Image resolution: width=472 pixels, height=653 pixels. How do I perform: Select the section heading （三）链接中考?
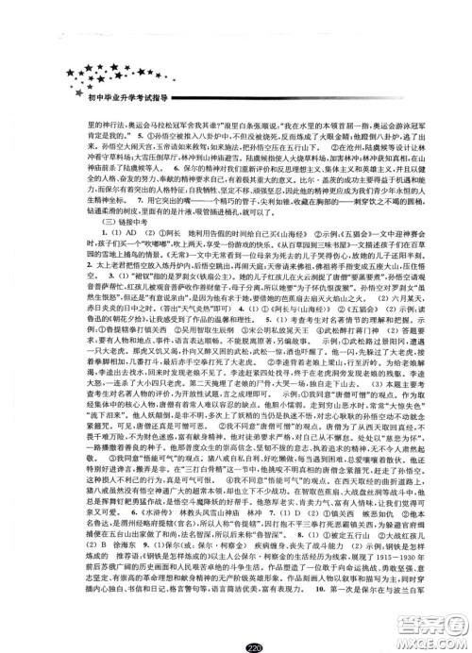[90, 220]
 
